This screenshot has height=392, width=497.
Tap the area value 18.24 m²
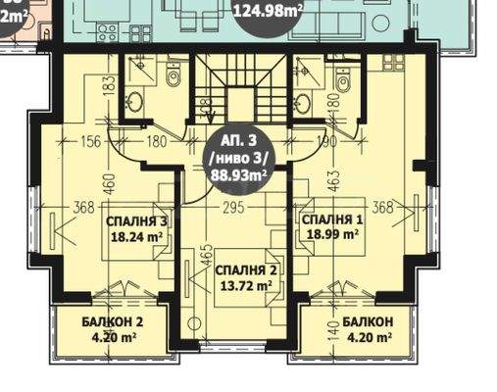136,237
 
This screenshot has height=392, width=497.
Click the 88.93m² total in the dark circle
241,175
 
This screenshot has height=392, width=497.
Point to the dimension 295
232,207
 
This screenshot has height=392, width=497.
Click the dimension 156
91,142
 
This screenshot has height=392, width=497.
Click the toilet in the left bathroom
173,76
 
